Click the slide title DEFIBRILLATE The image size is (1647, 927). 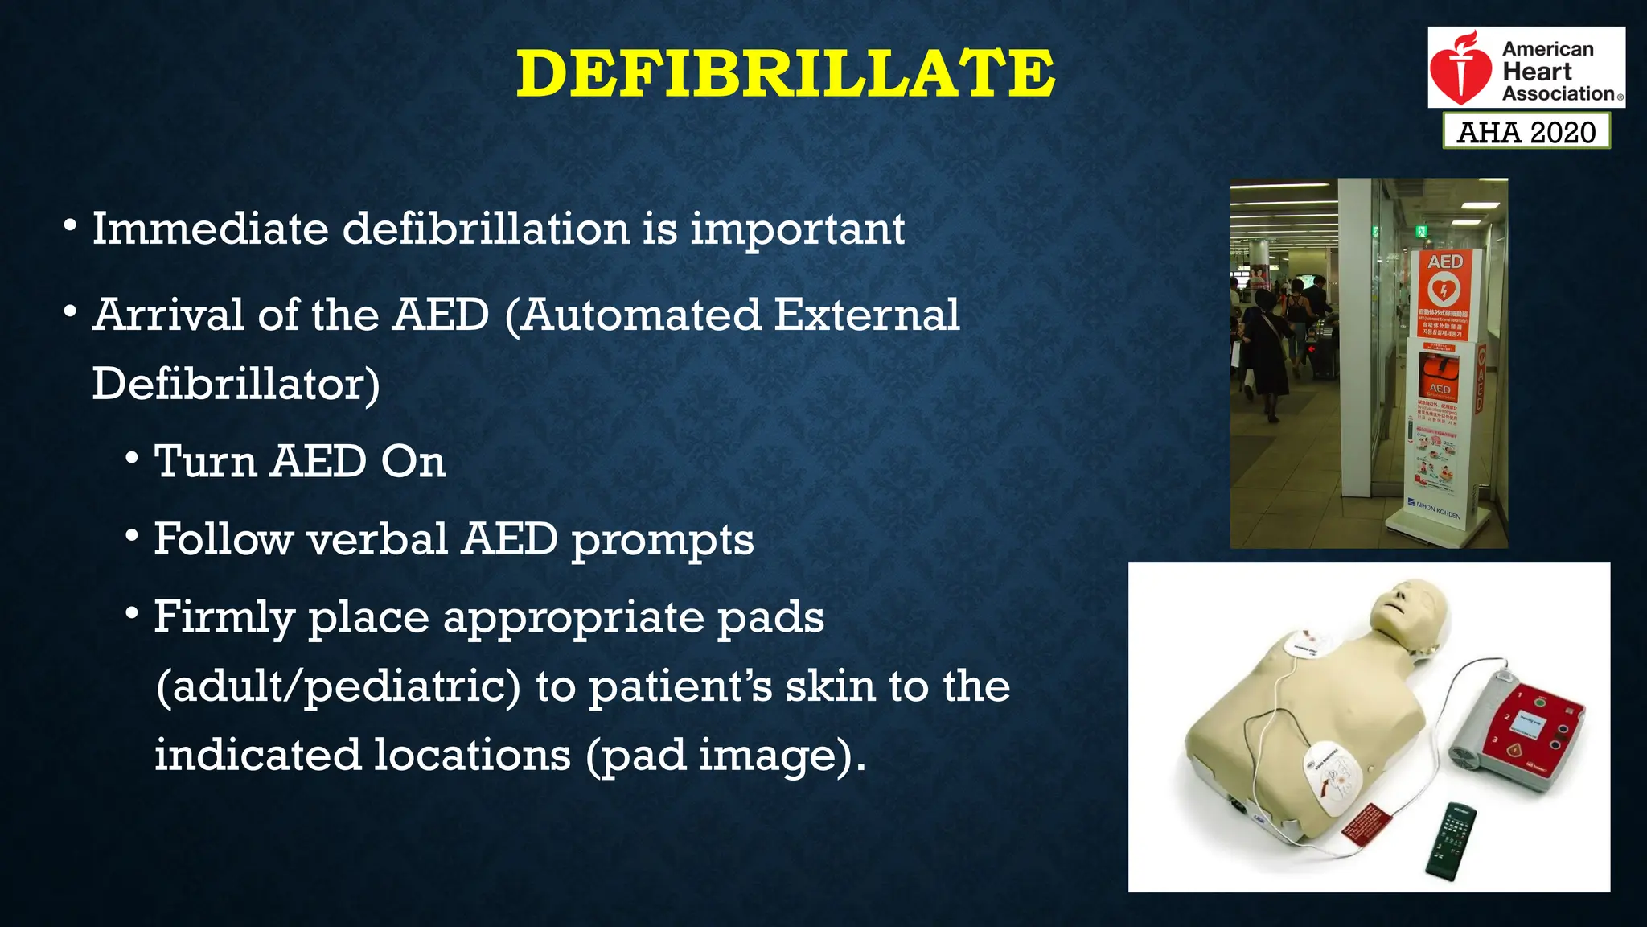(x=785, y=73)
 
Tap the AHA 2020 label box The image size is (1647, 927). (x=1526, y=131)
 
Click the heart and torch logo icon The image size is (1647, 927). (x=1460, y=69)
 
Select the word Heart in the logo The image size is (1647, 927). (x=1536, y=72)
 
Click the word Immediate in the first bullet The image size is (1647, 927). (x=210, y=229)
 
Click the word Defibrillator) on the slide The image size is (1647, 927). (x=236, y=384)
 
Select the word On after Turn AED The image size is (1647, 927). (x=413, y=462)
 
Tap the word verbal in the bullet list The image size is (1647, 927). (x=377, y=539)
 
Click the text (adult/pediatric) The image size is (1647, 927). (x=338, y=686)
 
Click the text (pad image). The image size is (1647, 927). (x=725, y=756)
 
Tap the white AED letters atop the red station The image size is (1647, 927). (x=1444, y=262)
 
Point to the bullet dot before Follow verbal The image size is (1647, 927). (x=132, y=535)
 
